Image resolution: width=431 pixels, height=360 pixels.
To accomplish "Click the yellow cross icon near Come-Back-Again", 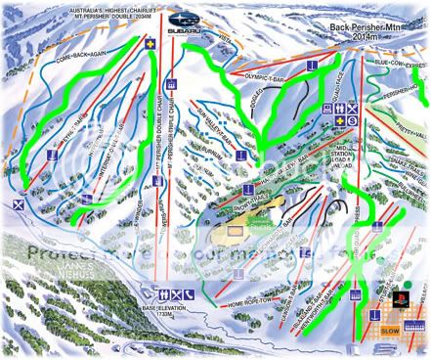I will click(x=150, y=45).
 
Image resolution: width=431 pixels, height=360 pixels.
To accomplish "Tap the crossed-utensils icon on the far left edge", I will click(x=18, y=204).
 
